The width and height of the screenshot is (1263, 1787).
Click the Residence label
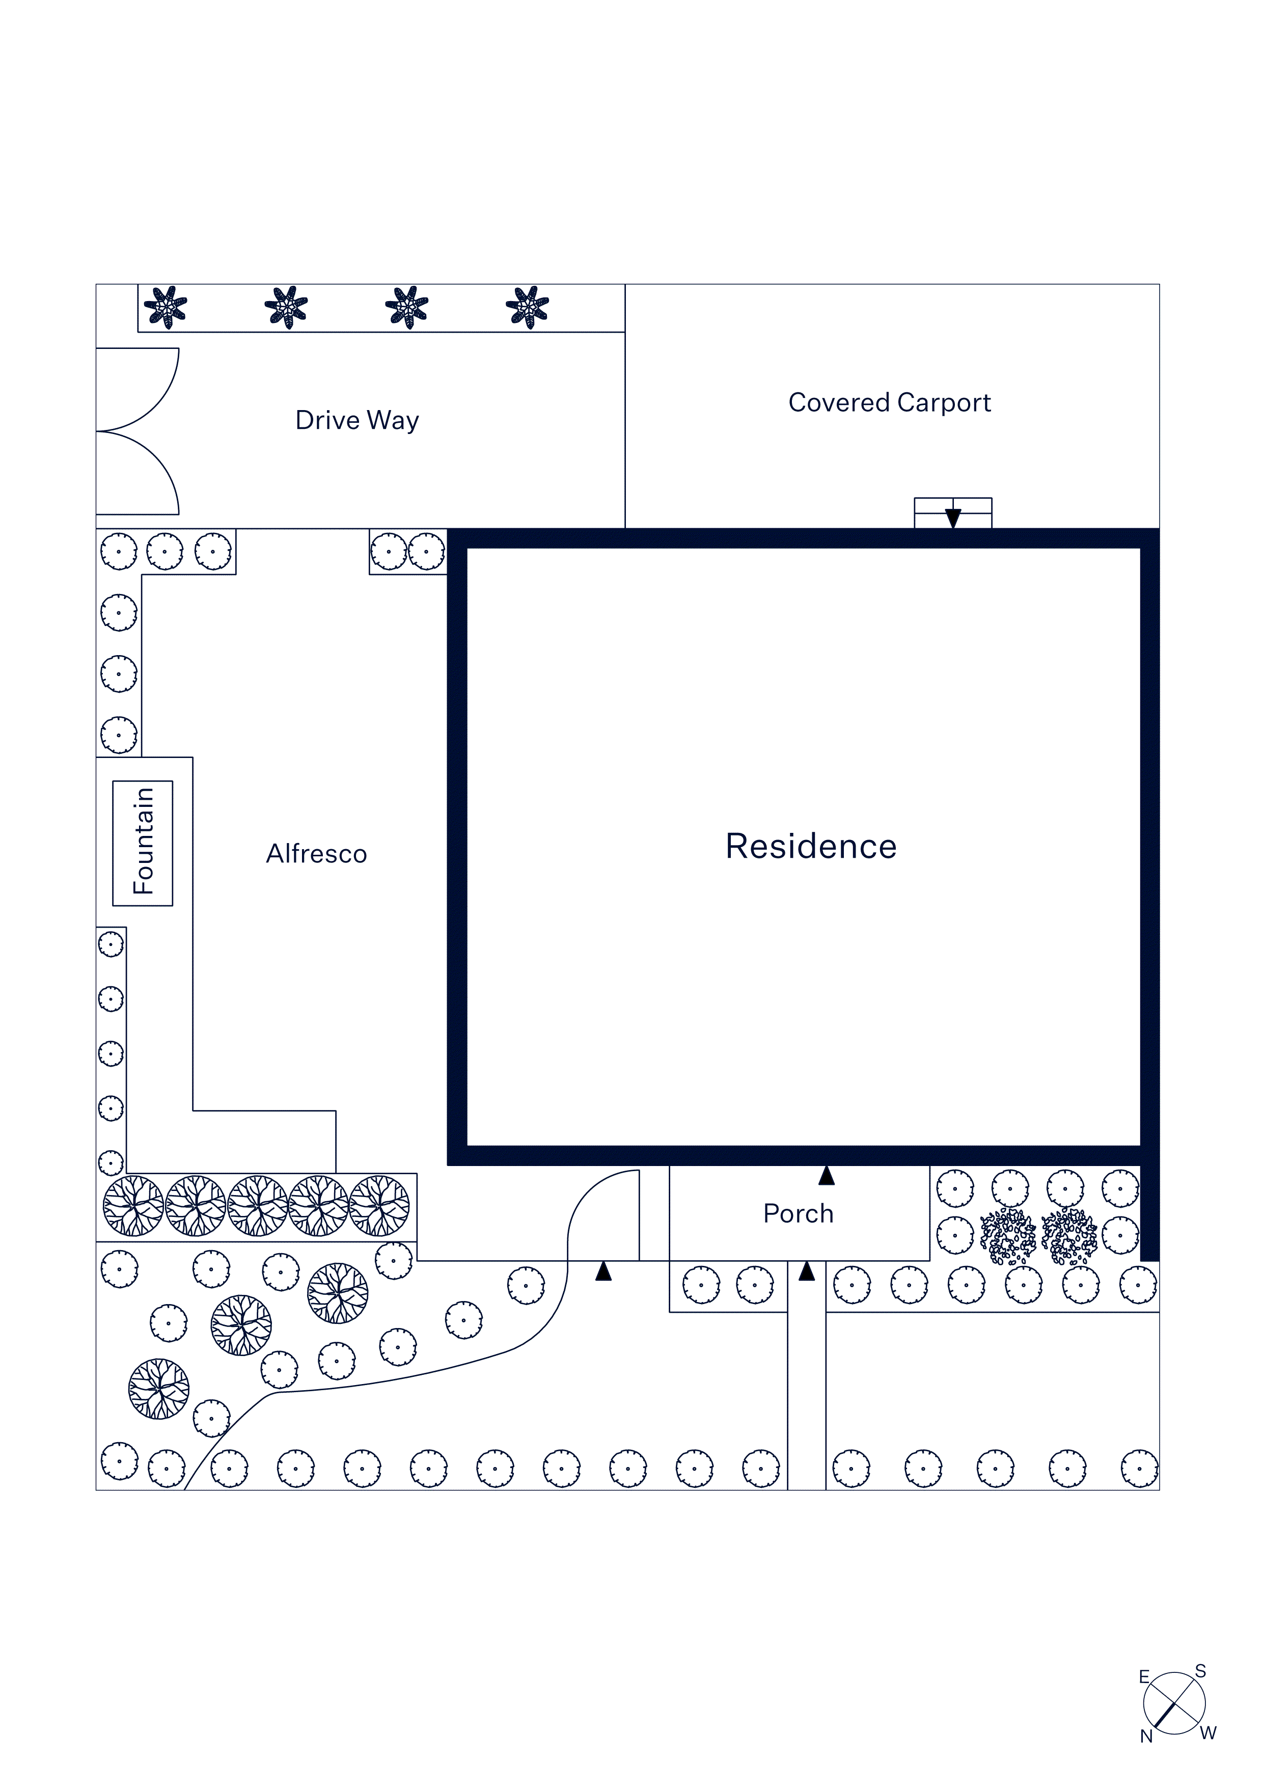point(810,847)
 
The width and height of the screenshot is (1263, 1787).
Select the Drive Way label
point(357,420)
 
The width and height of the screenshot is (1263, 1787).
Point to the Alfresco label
point(316,854)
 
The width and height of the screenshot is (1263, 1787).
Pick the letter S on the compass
point(1201,1671)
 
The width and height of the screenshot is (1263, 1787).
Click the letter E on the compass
point(1144,1677)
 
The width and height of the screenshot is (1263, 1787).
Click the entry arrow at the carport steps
point(952,518)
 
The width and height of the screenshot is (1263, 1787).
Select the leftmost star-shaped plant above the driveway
point(166,308)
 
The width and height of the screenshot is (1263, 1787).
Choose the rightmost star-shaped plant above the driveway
point(528,308)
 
